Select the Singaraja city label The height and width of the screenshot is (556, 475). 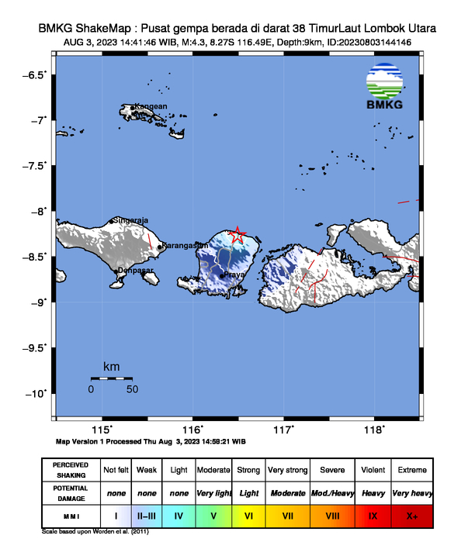[131, 220]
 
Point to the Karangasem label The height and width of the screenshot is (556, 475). [185, 246]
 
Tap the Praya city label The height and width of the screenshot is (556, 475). [235, 275]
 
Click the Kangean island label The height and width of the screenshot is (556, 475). [151, 106]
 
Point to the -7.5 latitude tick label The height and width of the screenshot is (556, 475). [36, 166]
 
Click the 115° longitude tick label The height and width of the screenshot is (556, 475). [102, 430]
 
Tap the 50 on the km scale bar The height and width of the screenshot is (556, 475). [132, 389]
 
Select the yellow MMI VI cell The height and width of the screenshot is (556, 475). [248, 515]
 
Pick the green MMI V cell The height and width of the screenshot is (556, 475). [214, 515]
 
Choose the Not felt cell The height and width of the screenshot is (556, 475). [116, 470]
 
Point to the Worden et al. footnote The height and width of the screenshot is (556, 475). [95, 532]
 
